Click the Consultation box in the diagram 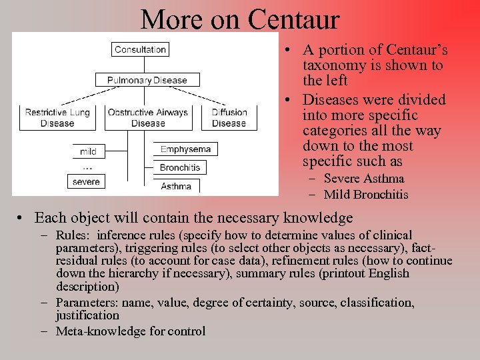pos(140,49)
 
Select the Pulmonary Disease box pos(147,80)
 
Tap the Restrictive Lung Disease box pos(57,117)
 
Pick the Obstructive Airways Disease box pos(148,117)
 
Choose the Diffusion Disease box pos(229,117)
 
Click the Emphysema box pos(185,149)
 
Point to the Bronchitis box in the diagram pos(180,167)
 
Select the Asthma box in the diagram pos(176,186)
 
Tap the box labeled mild pos(88,151)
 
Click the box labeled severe pos(86,181)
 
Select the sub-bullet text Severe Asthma pos(363,179)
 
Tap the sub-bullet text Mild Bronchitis pos(365,195)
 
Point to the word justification pos(87,315)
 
